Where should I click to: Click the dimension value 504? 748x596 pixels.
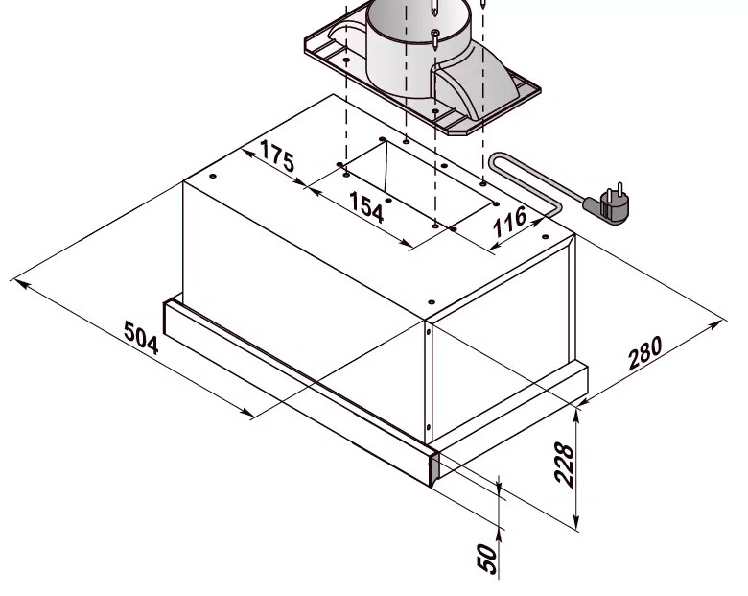coord(141,338)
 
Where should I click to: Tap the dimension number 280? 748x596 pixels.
coord(645,353)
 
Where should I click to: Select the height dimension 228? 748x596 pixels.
coord(564,465)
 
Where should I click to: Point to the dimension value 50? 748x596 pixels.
coord(487,559)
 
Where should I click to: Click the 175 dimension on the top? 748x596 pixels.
coord(277,156)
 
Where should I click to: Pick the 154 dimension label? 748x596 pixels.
coord(366,207)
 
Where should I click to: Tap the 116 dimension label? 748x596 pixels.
coord(509,222)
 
